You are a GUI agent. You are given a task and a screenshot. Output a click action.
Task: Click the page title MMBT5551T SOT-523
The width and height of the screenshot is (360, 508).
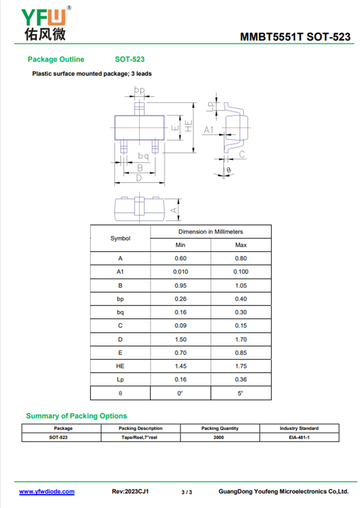click(295, 37)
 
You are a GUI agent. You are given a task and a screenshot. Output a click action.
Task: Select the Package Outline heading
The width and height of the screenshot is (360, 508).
click(56, 59)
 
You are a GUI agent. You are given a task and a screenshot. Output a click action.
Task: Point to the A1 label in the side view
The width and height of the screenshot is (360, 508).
click(209, 130)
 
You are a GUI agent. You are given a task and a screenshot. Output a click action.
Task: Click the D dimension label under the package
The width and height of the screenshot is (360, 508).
click(139, 178)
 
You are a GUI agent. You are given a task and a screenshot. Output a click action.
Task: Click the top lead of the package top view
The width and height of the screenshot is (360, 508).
click(140, 108)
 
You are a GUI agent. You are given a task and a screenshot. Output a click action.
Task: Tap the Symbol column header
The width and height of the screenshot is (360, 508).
click(120, 238)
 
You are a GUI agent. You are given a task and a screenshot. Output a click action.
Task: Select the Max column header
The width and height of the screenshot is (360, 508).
click(241, 245)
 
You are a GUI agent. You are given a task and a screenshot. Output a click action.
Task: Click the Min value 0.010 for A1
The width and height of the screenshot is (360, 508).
click(180, 272)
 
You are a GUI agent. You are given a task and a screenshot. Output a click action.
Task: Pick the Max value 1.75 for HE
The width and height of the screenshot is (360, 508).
click(241, 366)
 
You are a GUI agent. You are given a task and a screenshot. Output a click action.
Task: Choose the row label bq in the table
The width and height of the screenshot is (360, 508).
click(120, 312)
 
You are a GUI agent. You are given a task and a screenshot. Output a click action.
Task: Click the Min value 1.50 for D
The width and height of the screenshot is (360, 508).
click(180, 339)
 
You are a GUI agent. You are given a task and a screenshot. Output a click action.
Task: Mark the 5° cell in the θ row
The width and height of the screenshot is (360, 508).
click(241, 393)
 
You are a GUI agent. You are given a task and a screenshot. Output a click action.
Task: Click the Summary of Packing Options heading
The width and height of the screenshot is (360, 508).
click(76, 416)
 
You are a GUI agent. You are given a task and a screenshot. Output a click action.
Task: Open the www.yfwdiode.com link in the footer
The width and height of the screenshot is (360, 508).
click(47, 491)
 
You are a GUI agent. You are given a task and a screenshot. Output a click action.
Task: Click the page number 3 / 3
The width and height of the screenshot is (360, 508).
click(187, 492)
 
